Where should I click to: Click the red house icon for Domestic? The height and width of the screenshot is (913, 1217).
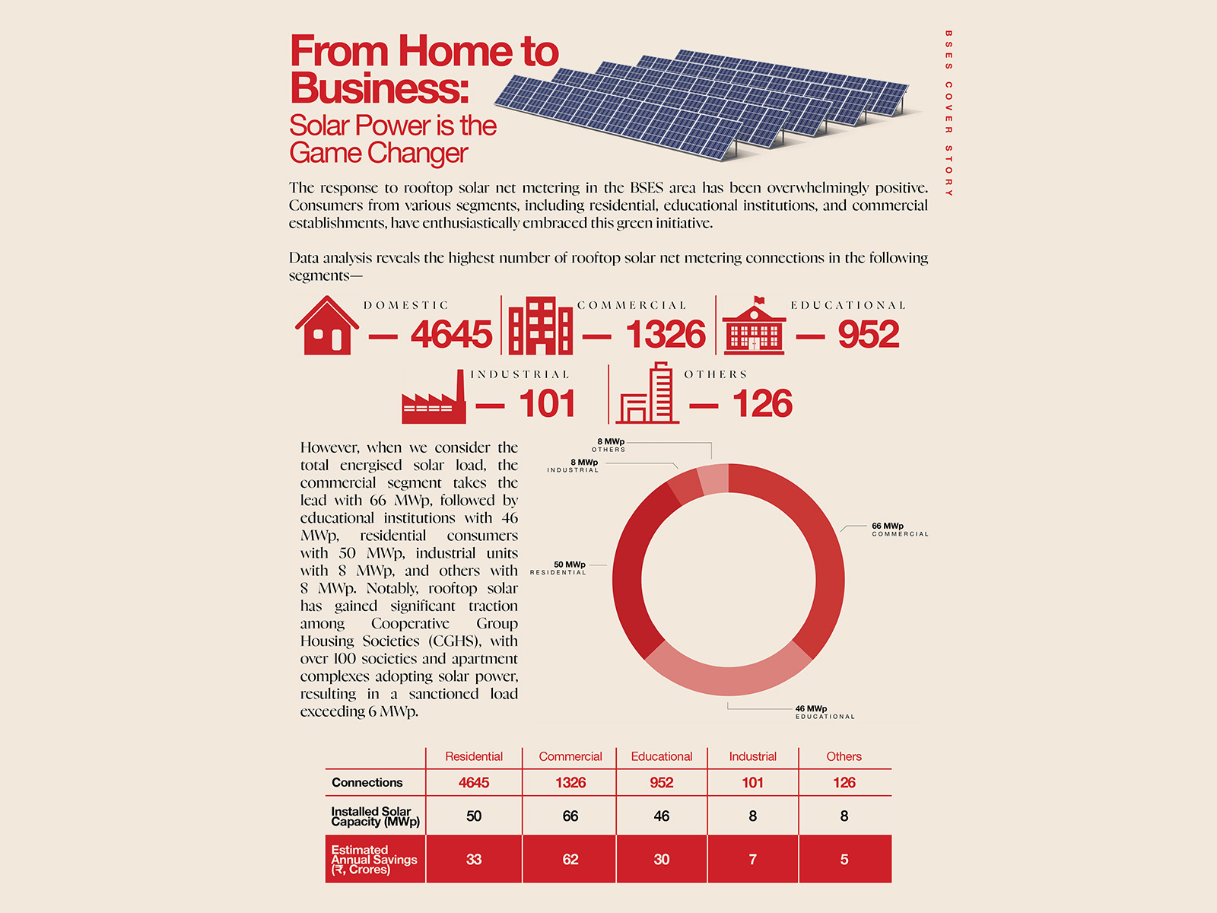click(x=326, y=326)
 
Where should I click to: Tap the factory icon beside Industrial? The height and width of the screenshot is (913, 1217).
click(x=434, y=397)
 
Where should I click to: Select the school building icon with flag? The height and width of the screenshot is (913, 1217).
click(x=754, y=326)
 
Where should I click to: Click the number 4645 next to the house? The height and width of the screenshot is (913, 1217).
click(x=451, y=334)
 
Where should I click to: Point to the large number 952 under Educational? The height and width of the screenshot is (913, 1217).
click(x=869, y=334)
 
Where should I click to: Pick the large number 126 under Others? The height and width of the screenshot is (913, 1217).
click(x=762, y=403)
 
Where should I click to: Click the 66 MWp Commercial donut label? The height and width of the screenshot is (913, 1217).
click(x=900, y=530)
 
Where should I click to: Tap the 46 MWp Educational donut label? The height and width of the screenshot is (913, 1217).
click(x=825, y=712)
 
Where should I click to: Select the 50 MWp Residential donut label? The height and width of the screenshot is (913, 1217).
click(x=558, y=568)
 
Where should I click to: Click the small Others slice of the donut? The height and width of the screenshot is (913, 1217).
click(x=713, y=479)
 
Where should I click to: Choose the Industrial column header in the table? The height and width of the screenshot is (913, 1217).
click(x=752, y=756)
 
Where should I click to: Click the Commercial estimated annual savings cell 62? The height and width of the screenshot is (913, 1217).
click(x=570, y=859)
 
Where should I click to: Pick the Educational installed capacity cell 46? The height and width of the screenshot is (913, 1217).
click(x=662, y=816)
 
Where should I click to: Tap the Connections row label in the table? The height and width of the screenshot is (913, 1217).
click(x=367, y=782)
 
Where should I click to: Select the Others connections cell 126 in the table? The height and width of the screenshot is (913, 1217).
click(x=844, y=782)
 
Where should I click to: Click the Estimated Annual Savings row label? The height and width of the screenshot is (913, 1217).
click(x=373, y=859)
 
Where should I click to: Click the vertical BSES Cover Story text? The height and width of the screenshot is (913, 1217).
click(x=948, y=113)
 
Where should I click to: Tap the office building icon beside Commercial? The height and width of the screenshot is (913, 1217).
click(x=541, y=326)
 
